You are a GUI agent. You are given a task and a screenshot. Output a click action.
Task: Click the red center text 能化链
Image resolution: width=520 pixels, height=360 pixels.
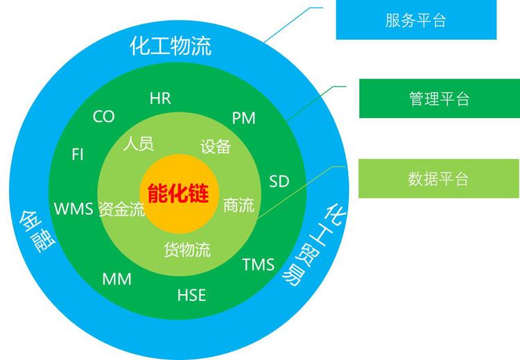tap(178, 193)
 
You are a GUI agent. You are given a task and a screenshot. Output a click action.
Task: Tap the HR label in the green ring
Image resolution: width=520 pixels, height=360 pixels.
tap(160, 98)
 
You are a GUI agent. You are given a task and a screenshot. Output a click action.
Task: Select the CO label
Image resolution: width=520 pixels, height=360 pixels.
tap(104, 117)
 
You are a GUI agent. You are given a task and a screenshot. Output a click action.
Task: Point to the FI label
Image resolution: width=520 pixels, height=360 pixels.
tap(78, 155)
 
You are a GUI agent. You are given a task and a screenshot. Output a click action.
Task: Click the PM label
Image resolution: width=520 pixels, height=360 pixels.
tap(244, 118)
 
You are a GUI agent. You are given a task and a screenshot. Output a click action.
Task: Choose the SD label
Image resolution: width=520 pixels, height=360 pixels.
tap(279, 181)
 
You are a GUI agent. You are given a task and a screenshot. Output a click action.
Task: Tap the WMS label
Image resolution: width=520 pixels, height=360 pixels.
tap(73, 209)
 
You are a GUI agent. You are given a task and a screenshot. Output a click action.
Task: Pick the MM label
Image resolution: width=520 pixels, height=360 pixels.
tap(116, 279)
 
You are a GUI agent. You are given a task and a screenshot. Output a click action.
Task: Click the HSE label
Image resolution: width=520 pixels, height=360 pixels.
tap(191, 295)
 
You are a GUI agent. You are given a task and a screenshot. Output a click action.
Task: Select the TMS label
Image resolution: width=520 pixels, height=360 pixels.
tap(259, 264)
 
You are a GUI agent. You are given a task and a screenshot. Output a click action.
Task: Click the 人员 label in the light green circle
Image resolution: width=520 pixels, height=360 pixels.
tap(139, 144)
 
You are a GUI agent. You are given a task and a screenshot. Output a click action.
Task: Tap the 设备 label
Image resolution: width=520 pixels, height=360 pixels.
tap(216, 146)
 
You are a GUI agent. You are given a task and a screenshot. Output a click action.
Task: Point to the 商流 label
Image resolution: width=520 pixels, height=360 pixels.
tap(239, 205)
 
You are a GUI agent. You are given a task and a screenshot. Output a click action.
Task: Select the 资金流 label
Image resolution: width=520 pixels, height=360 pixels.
tap(122, 209)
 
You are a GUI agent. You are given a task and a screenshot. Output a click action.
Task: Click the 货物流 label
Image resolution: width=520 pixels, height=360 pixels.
tap(187, 250)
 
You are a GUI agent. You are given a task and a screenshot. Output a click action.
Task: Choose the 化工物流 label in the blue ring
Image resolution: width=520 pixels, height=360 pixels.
tap(171, 46)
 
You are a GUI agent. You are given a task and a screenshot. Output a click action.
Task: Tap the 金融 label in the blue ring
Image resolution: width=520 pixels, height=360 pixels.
tap(37, 231)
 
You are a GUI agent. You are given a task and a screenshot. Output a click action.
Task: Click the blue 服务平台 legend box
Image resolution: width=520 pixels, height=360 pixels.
tap(416, 20)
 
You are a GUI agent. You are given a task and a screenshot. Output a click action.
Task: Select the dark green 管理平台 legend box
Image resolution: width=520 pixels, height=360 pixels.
tap(440, 98)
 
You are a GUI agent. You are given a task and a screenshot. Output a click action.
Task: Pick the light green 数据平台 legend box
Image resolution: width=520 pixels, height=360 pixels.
tap(439, 179)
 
